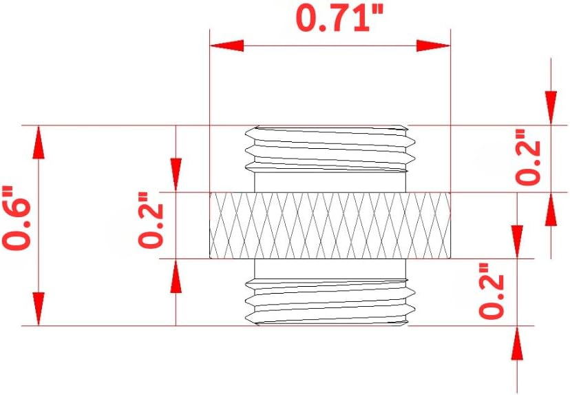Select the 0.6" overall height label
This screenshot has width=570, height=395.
pyautogui.click(x=17, y=219)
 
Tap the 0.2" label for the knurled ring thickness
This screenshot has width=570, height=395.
pyautogui.click(x=152, y=225)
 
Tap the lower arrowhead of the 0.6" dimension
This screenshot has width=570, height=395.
pyautogui.click(x=39, y=308)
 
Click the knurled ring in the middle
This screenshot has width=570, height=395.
pyautogui.click(x=330, y=225)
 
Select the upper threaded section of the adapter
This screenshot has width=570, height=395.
pyautogui.click(x=330, y=148)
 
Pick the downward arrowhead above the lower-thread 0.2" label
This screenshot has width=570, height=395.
pyautogui.click(x=517, y=238)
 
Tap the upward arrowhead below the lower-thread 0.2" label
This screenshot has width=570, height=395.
pyautogui.click(x=517, y=345)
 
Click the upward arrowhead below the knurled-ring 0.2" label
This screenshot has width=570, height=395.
pyautogui.click(x=176, y=278)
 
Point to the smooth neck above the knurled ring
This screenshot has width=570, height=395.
pyautogui.click(x=330, y=183)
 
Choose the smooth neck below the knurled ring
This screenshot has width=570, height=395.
pyautogui.click(x=330, y=268)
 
